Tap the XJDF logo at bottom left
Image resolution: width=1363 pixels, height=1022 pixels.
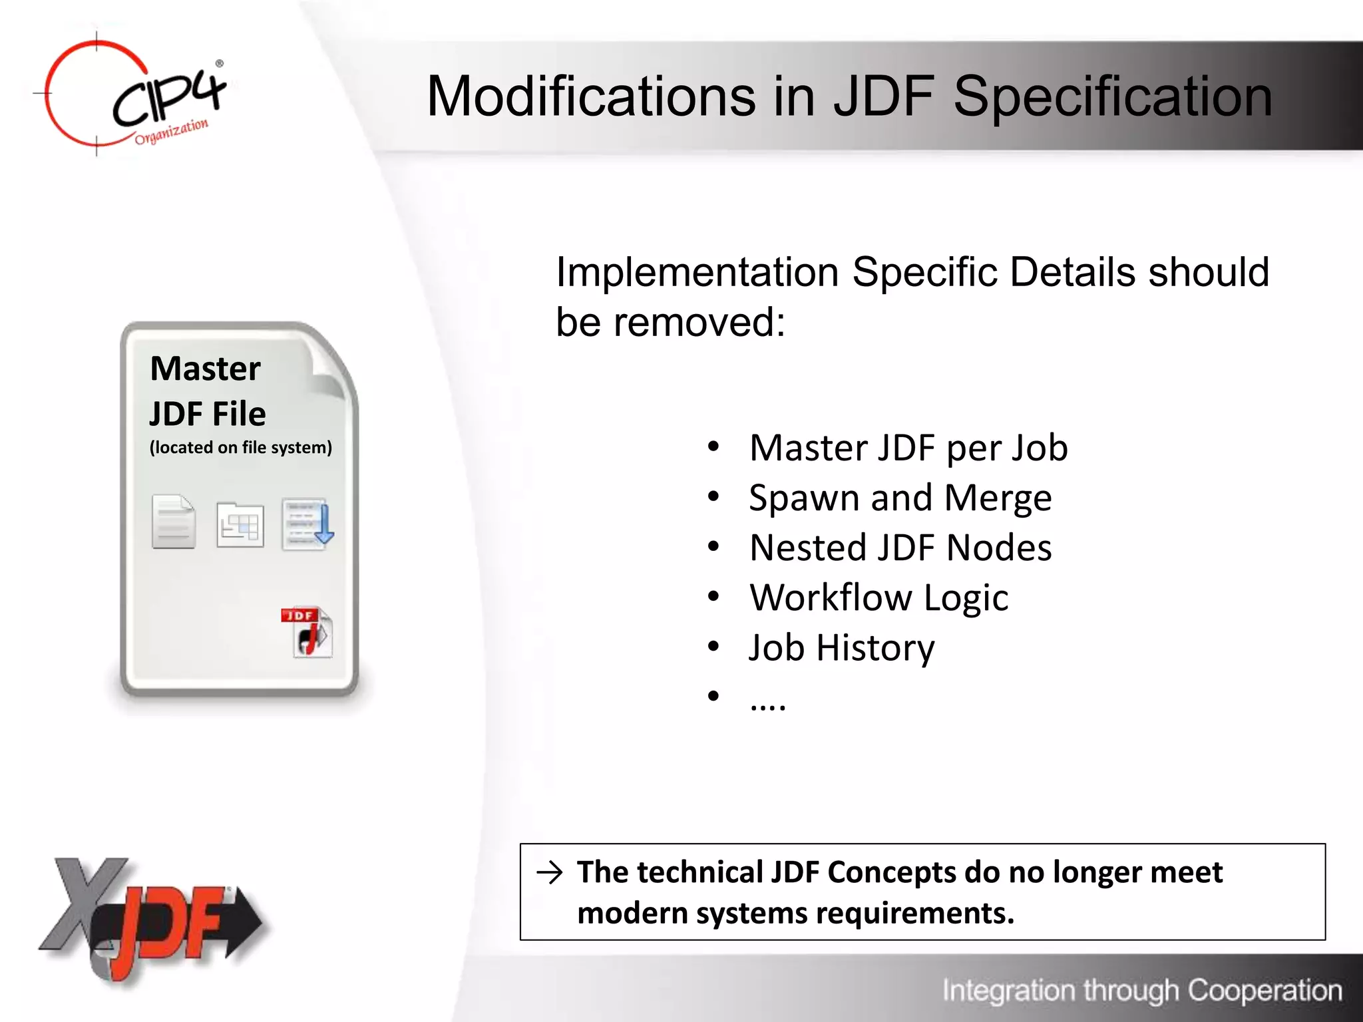[150, 922]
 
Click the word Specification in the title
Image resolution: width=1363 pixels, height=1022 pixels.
[1112, 96]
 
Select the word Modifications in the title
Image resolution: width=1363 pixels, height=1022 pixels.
[591, 96]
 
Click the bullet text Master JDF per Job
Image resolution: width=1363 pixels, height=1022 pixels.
[908, 448]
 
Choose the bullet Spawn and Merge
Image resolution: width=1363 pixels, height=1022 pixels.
[900, 498]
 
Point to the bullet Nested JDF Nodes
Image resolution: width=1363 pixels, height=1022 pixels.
[900, 548]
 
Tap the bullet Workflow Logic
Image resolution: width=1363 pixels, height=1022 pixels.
[878, 597]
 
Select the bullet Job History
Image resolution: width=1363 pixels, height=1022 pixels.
[841, 647]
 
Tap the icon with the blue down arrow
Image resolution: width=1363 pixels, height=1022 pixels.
[307, 524]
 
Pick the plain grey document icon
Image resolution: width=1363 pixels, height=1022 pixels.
[173, 522]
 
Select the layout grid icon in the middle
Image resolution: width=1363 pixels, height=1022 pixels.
[240, 524]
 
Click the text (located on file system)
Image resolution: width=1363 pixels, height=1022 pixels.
[240, 448]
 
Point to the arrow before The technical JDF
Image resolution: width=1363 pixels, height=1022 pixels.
[550, 872]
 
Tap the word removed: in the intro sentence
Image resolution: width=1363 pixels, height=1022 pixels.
[699, 323]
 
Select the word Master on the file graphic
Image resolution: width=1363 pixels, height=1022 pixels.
[205, 369]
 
